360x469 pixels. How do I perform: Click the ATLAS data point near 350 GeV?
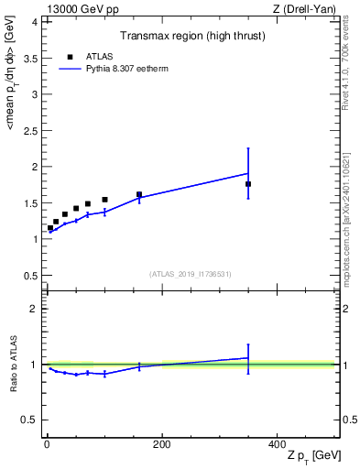[248, 184]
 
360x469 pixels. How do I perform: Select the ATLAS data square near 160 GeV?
[139, 194]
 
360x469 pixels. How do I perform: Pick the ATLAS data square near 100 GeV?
[104, 200]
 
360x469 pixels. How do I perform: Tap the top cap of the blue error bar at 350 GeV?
[248, 148]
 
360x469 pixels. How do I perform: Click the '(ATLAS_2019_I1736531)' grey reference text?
[191, 274]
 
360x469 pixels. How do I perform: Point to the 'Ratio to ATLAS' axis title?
[14, 364]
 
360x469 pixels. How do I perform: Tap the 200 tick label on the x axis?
[161, 443]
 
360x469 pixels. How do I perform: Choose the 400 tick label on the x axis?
[277, 443]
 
